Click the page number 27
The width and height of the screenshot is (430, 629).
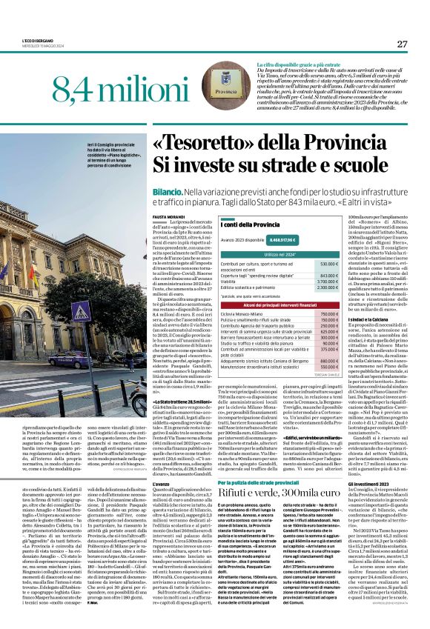click(x=403, y=44)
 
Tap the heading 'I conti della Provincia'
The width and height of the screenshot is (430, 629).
click(x=251, y=224)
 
